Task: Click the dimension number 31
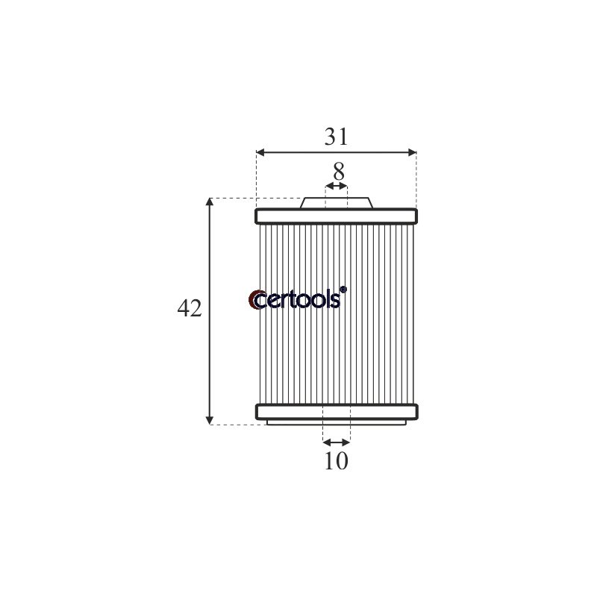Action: point(337,137)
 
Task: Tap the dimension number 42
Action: point(190,308)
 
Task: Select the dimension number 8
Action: point(339,172)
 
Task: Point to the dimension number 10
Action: point(337,461)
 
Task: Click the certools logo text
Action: point(298,300)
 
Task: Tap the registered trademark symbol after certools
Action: point(343,290)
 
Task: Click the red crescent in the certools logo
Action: point(252,300)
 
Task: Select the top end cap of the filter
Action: point(337,216)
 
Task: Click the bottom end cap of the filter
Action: point(337,412)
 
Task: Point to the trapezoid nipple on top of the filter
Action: point(337,203)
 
